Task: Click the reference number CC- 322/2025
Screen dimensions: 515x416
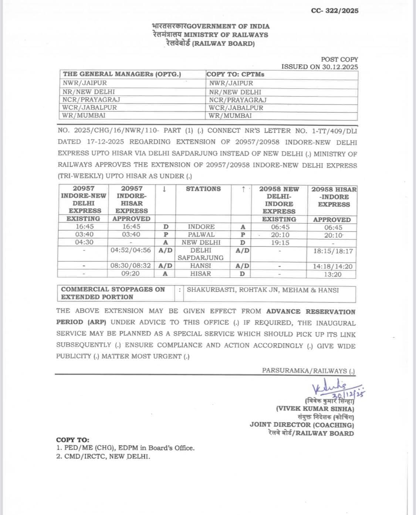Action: click(x=334, y=11)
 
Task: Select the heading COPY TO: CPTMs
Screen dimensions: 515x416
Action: click(x=235, y=74)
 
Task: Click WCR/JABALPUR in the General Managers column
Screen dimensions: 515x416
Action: click(x=89, y=108)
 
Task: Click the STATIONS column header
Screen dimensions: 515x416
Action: click(x=203, y=189)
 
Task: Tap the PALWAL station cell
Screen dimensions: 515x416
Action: click(x=201, y=235)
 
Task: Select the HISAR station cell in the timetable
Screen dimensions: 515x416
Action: click(x=200, y=274)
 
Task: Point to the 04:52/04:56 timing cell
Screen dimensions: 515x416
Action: click(x=131, y=250)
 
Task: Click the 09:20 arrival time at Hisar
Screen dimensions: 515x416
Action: click(x=131, y=274)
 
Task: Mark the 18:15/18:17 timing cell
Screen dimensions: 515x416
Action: click(x=332, y=251)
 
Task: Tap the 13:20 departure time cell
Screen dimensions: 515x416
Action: click(x=332, y=274)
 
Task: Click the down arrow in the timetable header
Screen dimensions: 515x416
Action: click(x=164, y=189)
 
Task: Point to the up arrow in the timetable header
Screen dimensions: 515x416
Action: click(x=243, y=189)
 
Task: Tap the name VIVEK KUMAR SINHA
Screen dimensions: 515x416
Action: click(x=315, y=409)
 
